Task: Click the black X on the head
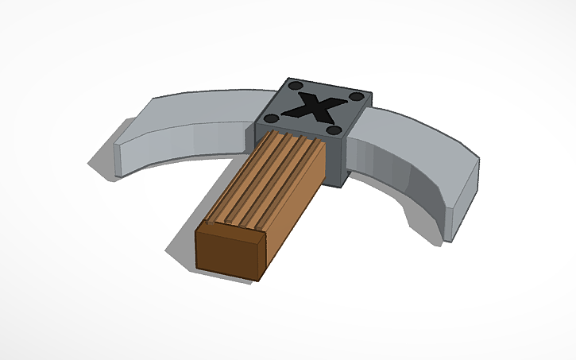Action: click(x=317, y=106)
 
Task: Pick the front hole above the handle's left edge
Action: click(x=271, y=118)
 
